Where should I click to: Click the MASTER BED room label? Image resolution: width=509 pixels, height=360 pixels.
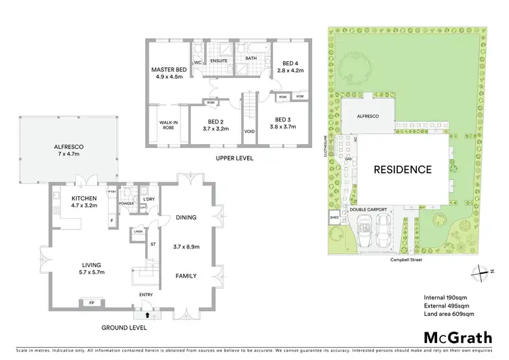tap(168, 70)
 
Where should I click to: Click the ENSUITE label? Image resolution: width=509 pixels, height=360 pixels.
tap(219, 60)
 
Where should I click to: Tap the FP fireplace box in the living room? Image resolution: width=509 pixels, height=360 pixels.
tap(92, 302)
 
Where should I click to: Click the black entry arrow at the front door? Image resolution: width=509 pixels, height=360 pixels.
tap(147, 314)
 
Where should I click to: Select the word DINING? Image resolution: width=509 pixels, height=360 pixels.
tap(186, 217)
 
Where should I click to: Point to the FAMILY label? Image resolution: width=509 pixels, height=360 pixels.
tap(186, 276)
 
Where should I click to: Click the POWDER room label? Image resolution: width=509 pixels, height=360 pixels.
tap(126, 202)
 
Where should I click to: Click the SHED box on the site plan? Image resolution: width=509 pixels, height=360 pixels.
tap(334, 218)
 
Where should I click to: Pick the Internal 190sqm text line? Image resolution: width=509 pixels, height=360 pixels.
tap(445, 298)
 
